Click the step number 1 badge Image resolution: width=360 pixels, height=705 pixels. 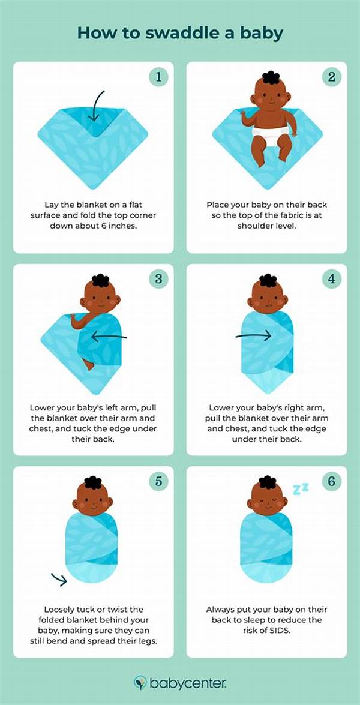(x=158, y=77)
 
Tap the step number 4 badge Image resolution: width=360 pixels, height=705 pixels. (x=331, y=279)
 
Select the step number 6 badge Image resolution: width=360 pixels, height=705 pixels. (x=331, y=481)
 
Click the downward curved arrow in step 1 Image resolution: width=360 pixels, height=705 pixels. (x=96, y=106)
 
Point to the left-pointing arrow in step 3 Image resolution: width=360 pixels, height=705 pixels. (x=109, y=336)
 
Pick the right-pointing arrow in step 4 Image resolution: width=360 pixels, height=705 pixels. (x=253, y=335)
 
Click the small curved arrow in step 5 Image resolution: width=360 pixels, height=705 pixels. (x=59, y=579)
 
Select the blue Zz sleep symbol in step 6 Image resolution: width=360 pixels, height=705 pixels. (x=300, y=489)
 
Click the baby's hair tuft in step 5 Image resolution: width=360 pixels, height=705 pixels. (x=93, y=482)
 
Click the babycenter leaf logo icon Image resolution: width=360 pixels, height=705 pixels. (x=140, y=683)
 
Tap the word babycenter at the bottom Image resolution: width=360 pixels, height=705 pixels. (x=187, y=683)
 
